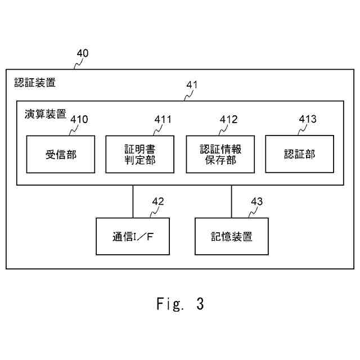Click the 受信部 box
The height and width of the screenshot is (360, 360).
[61, 154]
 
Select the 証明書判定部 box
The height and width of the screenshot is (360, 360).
[140, 154]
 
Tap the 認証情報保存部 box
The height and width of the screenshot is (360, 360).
[220, 154]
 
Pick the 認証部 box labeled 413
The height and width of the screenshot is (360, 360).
[299, 154]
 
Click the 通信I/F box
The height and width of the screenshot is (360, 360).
[133, 236]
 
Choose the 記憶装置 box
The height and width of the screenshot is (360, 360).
[231, 236]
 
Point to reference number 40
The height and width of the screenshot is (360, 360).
[82, 53]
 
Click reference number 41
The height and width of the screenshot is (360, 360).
[192, 85]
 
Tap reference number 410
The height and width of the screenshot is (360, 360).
[79, 119]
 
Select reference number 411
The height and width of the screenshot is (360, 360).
[163, 119]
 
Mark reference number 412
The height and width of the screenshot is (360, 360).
[228, 119]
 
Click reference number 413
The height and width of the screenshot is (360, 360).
[308, 119]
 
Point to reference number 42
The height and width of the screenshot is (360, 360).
[158, 201]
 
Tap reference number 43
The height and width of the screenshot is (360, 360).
[256, 201]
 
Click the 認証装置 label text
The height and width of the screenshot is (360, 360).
[35, 83]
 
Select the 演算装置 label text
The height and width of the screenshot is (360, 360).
[45, 114]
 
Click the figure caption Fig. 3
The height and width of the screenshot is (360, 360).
[180, 304]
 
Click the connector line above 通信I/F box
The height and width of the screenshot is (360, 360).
[133, 201]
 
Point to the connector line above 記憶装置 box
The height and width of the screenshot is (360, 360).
[231, 201]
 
